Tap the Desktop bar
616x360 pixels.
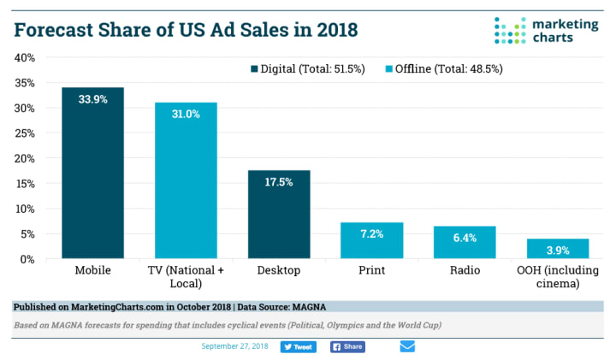[278, 214]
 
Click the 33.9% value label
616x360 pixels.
[92, 98]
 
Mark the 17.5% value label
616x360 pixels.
[278, 181]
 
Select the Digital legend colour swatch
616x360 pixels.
[254, 68]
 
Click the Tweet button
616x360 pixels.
[298, 347]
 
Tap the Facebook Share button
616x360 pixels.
[347, 347]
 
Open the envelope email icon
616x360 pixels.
[407, 346]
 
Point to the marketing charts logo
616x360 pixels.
[547, 29]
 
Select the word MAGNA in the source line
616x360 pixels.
[310, 306]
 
